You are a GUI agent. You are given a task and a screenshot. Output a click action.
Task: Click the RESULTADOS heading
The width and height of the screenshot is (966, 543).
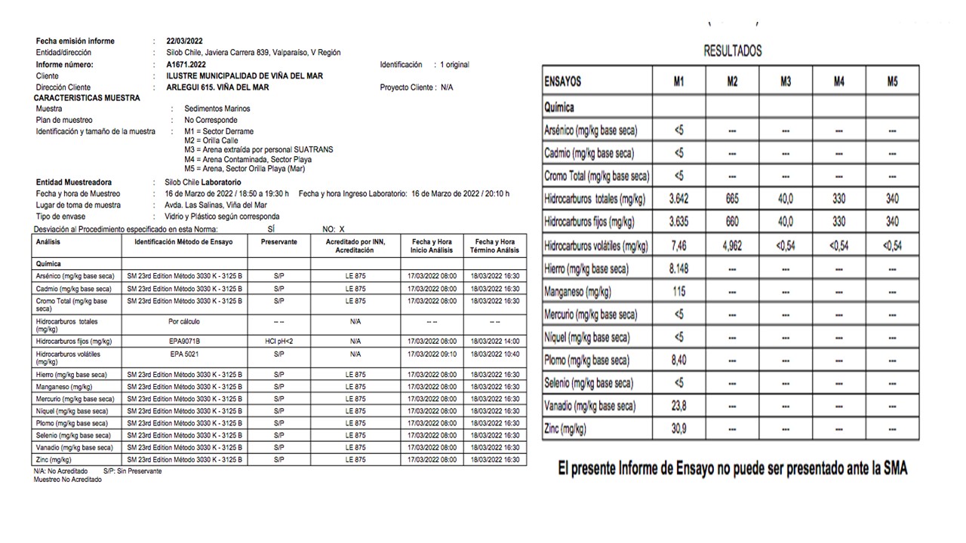(x=732, y=51)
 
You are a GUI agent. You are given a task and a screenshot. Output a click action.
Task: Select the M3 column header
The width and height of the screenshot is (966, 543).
(x=786, y=81)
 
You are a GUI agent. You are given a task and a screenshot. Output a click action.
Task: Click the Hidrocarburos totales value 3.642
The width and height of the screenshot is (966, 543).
(x=678, y=199)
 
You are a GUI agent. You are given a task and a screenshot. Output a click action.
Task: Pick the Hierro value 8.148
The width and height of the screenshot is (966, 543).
(x=678, y=268)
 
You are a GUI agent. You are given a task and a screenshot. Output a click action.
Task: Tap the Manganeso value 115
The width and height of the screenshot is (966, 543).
(x=678, y=291)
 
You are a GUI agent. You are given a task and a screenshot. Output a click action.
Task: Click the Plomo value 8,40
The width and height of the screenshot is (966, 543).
(x=678, y=360)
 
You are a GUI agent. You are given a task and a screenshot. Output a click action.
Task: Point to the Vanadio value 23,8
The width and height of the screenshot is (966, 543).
(x=678, y=406)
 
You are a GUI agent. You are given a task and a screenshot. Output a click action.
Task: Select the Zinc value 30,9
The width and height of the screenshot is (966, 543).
(x=678, y=429)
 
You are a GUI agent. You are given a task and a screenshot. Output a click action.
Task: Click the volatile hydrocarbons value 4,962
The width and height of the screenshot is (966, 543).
(x=732, y=245)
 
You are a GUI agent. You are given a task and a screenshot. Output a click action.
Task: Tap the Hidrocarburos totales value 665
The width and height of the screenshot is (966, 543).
(x=732, y=199)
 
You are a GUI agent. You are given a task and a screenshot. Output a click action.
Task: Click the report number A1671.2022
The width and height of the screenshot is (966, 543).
(x=185, y=65)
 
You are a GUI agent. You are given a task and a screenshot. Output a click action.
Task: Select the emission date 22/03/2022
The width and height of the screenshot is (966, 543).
(x=184, y=41)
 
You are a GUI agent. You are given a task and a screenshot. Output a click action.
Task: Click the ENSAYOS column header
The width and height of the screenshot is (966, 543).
(x=563, y=81)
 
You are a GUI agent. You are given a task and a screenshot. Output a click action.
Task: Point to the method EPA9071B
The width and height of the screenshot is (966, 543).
(x=185, y=342)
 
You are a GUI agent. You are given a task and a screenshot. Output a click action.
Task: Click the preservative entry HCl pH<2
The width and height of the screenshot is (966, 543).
(x=279, y=342)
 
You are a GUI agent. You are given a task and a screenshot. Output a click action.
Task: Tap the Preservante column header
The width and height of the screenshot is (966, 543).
(x=279, y=242)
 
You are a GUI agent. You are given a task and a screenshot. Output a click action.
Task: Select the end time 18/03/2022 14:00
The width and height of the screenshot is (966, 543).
(x=495, y=342)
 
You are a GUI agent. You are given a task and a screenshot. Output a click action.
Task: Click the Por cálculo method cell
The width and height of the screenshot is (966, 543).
(x=185, y=321)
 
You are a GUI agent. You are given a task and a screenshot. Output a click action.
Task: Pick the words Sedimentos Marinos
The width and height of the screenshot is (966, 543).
(x=217, y=109)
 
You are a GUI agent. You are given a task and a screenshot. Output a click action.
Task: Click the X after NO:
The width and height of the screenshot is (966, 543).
(x=342, y=229)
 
